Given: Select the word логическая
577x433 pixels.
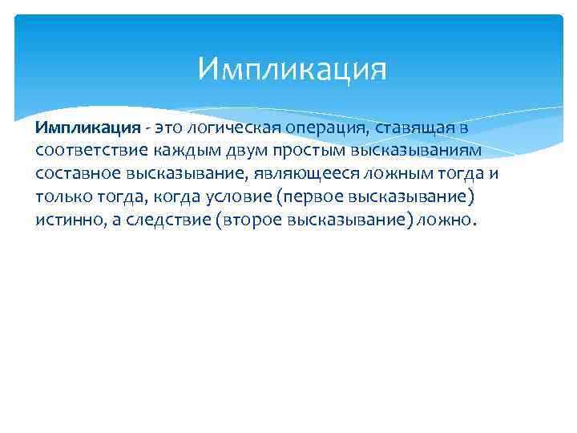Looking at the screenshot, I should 230,127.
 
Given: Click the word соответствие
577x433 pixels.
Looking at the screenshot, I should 91,151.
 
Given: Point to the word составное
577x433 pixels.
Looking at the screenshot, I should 79,173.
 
